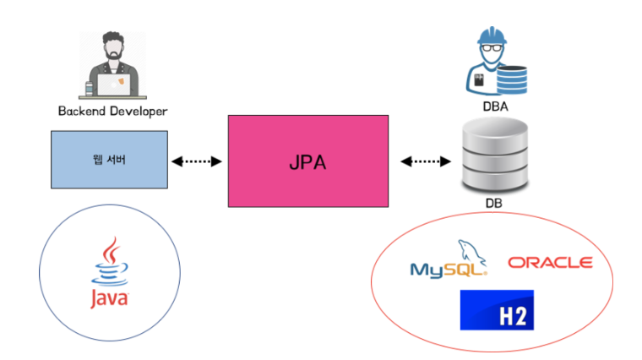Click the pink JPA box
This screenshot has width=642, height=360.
click(307, 161)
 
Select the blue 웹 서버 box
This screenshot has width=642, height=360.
click(109, 160)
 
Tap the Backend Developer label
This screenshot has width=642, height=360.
click(112, 112)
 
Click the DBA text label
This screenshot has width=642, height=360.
click(495, 106)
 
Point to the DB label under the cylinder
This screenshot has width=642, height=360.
click(494, 203)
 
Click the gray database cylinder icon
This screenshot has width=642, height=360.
click(495, 155)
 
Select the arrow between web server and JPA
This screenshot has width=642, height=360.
click(197, 161)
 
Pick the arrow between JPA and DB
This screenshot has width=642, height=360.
click(426, 161)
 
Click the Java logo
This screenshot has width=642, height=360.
click(109, 272)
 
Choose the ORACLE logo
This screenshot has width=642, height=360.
click(550, 263)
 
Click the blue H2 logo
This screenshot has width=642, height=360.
click(497, 310)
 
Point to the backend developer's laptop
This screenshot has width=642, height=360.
click(114, 85)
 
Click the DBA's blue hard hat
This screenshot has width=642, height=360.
click(492, 35)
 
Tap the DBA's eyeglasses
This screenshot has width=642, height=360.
click(492, 48)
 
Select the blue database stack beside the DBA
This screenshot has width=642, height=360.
click(512, 80)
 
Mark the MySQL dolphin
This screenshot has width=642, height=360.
click(471, 251)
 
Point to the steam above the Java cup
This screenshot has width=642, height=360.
click(111, 250)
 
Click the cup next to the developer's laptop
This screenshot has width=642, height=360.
click(90, 88)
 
